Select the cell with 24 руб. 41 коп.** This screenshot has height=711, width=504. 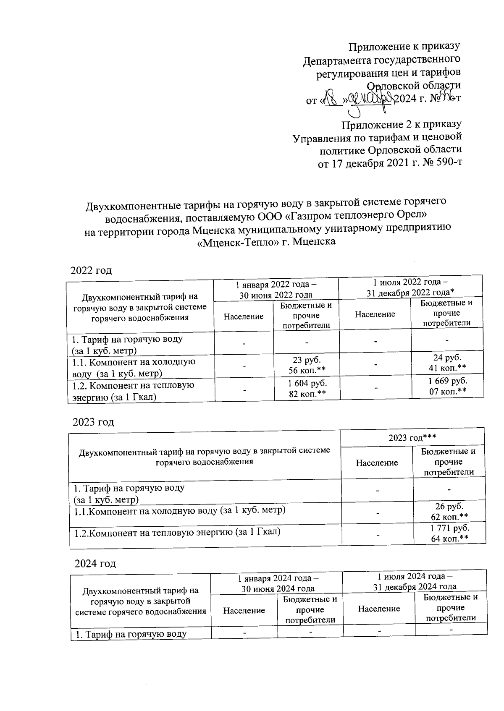(x=447, y=363)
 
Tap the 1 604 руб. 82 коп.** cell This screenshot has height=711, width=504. (x=307, y=388)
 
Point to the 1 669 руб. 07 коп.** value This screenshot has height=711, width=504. (x=447, y=386)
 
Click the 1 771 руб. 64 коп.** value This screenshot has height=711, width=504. (x=449, y=533)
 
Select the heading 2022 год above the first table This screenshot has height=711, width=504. (x=91, y=270)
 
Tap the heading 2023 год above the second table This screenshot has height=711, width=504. (x=93, y=421)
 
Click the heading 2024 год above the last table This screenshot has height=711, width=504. (x=95, y=563)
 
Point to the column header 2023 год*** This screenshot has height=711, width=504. (x=412, y=438)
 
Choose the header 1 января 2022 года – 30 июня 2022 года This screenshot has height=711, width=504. (x=276, y=289)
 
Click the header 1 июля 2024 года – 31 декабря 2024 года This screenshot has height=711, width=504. (x=415, y=581)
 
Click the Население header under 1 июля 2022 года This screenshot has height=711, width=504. (x=375, y=314)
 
